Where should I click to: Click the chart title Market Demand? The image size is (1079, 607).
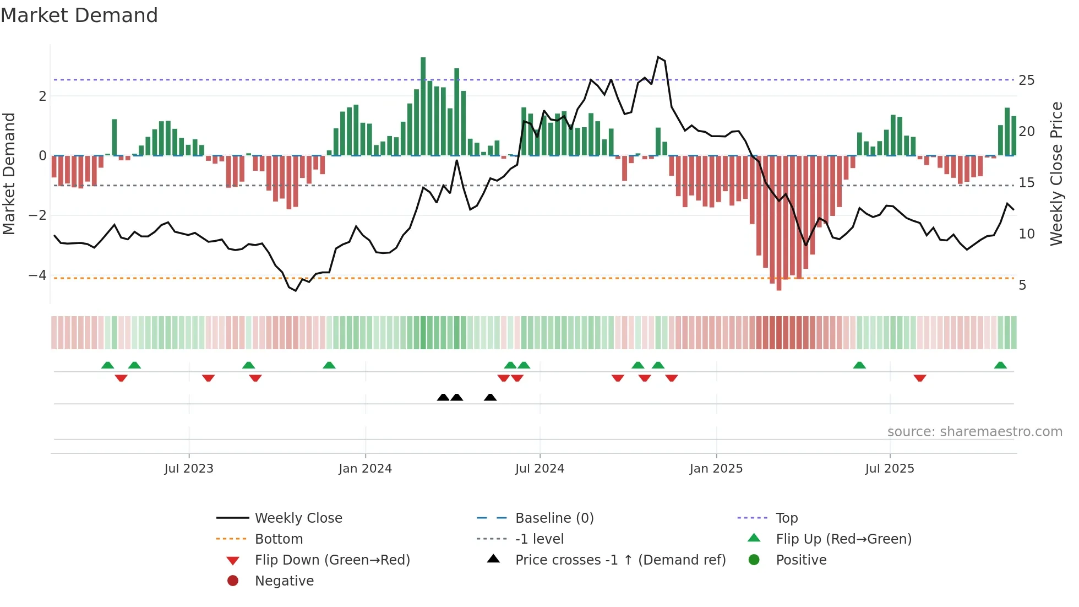pos(79,15)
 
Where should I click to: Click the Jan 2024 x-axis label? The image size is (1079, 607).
pos(365,469)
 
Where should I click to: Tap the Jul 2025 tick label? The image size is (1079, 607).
pos(889,469)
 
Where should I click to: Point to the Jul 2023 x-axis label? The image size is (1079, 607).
pos(188,469)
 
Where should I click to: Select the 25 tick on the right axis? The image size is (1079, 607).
pos(1026,80)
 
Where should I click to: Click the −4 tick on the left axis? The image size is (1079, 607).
pos(37,275)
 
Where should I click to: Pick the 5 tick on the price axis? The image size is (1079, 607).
pos(1022,285)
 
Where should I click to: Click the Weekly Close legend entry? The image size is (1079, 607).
pos(298,518)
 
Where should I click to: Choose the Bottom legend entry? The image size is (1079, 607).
pos(279,539)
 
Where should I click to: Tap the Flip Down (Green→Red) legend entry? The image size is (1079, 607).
pos(332,560)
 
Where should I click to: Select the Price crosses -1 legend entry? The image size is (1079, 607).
pos(620,560)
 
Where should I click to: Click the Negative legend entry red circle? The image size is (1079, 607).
pos(233,581)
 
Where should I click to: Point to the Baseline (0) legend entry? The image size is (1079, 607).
pos(554,518)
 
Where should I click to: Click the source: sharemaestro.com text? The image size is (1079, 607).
pos(974,432)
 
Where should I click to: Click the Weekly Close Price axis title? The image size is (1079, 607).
pos(1056,174)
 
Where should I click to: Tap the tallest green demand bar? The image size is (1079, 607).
pos(423,105)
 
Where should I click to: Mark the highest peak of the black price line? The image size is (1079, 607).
pos(658,57)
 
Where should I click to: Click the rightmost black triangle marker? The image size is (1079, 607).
pos(490,397)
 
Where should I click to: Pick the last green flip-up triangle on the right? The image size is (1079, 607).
pos(1000,365)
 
